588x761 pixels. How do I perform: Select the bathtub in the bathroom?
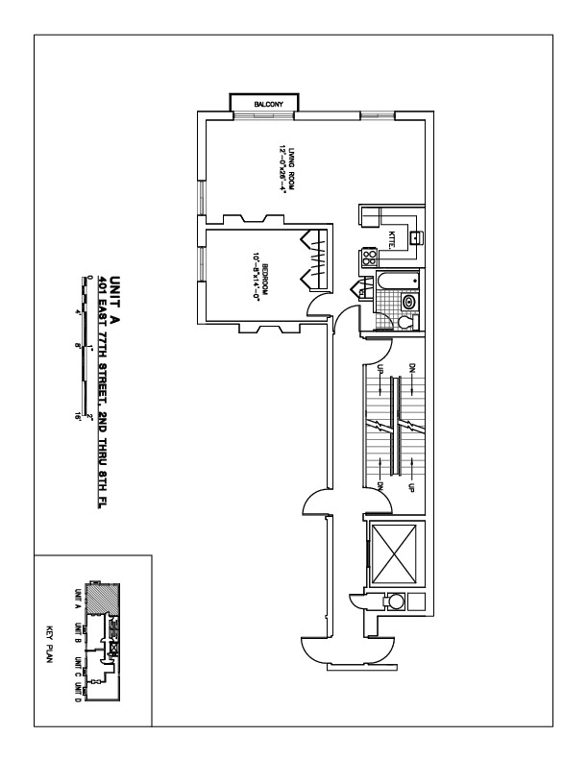tap(398, 281)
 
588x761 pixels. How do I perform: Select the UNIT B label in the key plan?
tap(76, 635)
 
